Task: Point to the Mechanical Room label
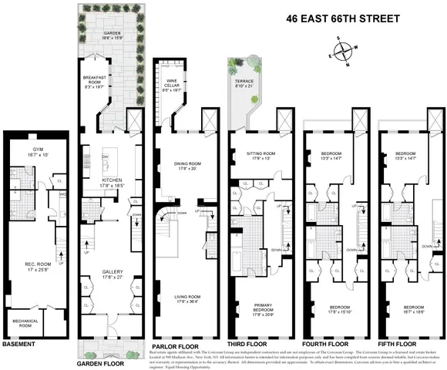coord(25,321)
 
